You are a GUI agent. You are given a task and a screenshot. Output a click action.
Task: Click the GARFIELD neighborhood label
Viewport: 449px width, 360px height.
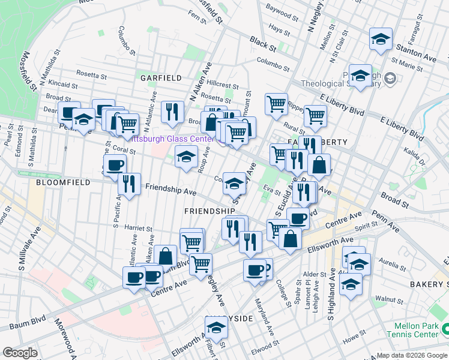tap(161, 78)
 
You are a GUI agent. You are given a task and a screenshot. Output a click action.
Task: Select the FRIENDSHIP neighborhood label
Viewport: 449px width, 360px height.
tap(209, 211)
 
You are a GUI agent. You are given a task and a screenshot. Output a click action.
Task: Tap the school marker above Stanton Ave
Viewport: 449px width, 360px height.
tap(381, 40)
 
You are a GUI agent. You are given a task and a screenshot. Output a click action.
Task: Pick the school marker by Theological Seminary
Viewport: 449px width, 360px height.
tap(360, 76)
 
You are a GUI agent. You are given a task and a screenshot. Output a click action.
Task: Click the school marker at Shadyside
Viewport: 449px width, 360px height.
tap(216, 328)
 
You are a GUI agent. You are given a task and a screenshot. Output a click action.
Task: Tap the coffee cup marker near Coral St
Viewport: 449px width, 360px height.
tap(115, 166)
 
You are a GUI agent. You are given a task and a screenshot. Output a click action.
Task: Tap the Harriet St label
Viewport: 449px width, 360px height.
tap(138, 229)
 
